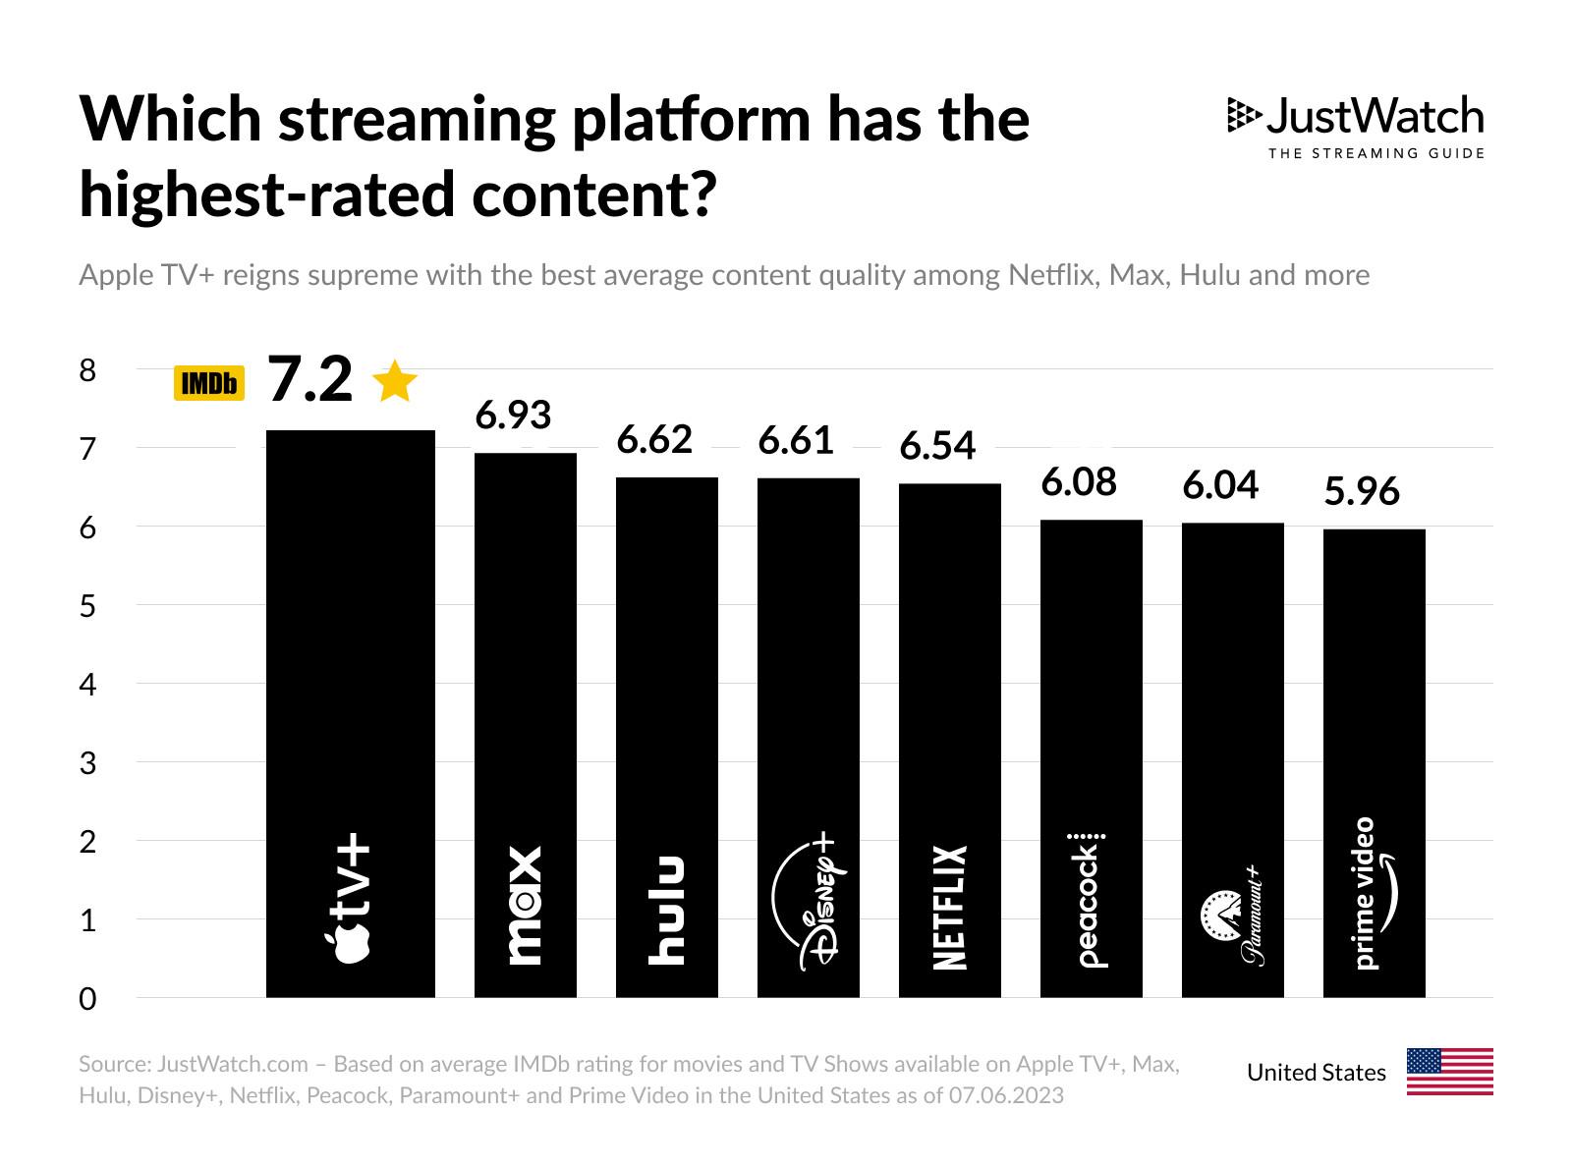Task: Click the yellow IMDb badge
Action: pyautogui.click(x=208, y=383)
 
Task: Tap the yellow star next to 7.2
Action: pyautogui.click(x=396, y=381)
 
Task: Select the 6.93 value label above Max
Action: pyautogui.click(x=513, y=416)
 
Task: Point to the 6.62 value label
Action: pyautogui.click(x=654, y=439)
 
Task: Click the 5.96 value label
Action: pyautogui.click(x=1362, y=491)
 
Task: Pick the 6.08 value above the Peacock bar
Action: pyautogui.click(x=1079, y=482)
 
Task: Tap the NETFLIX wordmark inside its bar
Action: pyautogui.click(x=950, y=907)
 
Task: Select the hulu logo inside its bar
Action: pyautogui.click(x=667, y=910)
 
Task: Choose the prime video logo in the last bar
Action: pyautogui.click(x=1373, y=893)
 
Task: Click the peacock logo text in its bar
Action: pyautogui.click(x=1090, y=901)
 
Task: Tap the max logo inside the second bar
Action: pyautogui.click(x=525, y=905)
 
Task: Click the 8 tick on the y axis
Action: pyautogui.click(x=88, y=370)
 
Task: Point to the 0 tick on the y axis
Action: pyautogui.click(x=88, y=999)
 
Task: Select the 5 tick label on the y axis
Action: pyautogui.click(x=88, y=606)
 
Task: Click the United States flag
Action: pyautogui.click(x=1449, y=1072)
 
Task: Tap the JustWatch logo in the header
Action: pyautogui.click(x=1356, y=126)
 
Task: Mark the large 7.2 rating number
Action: pyautogui.click(x=309, y=379)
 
